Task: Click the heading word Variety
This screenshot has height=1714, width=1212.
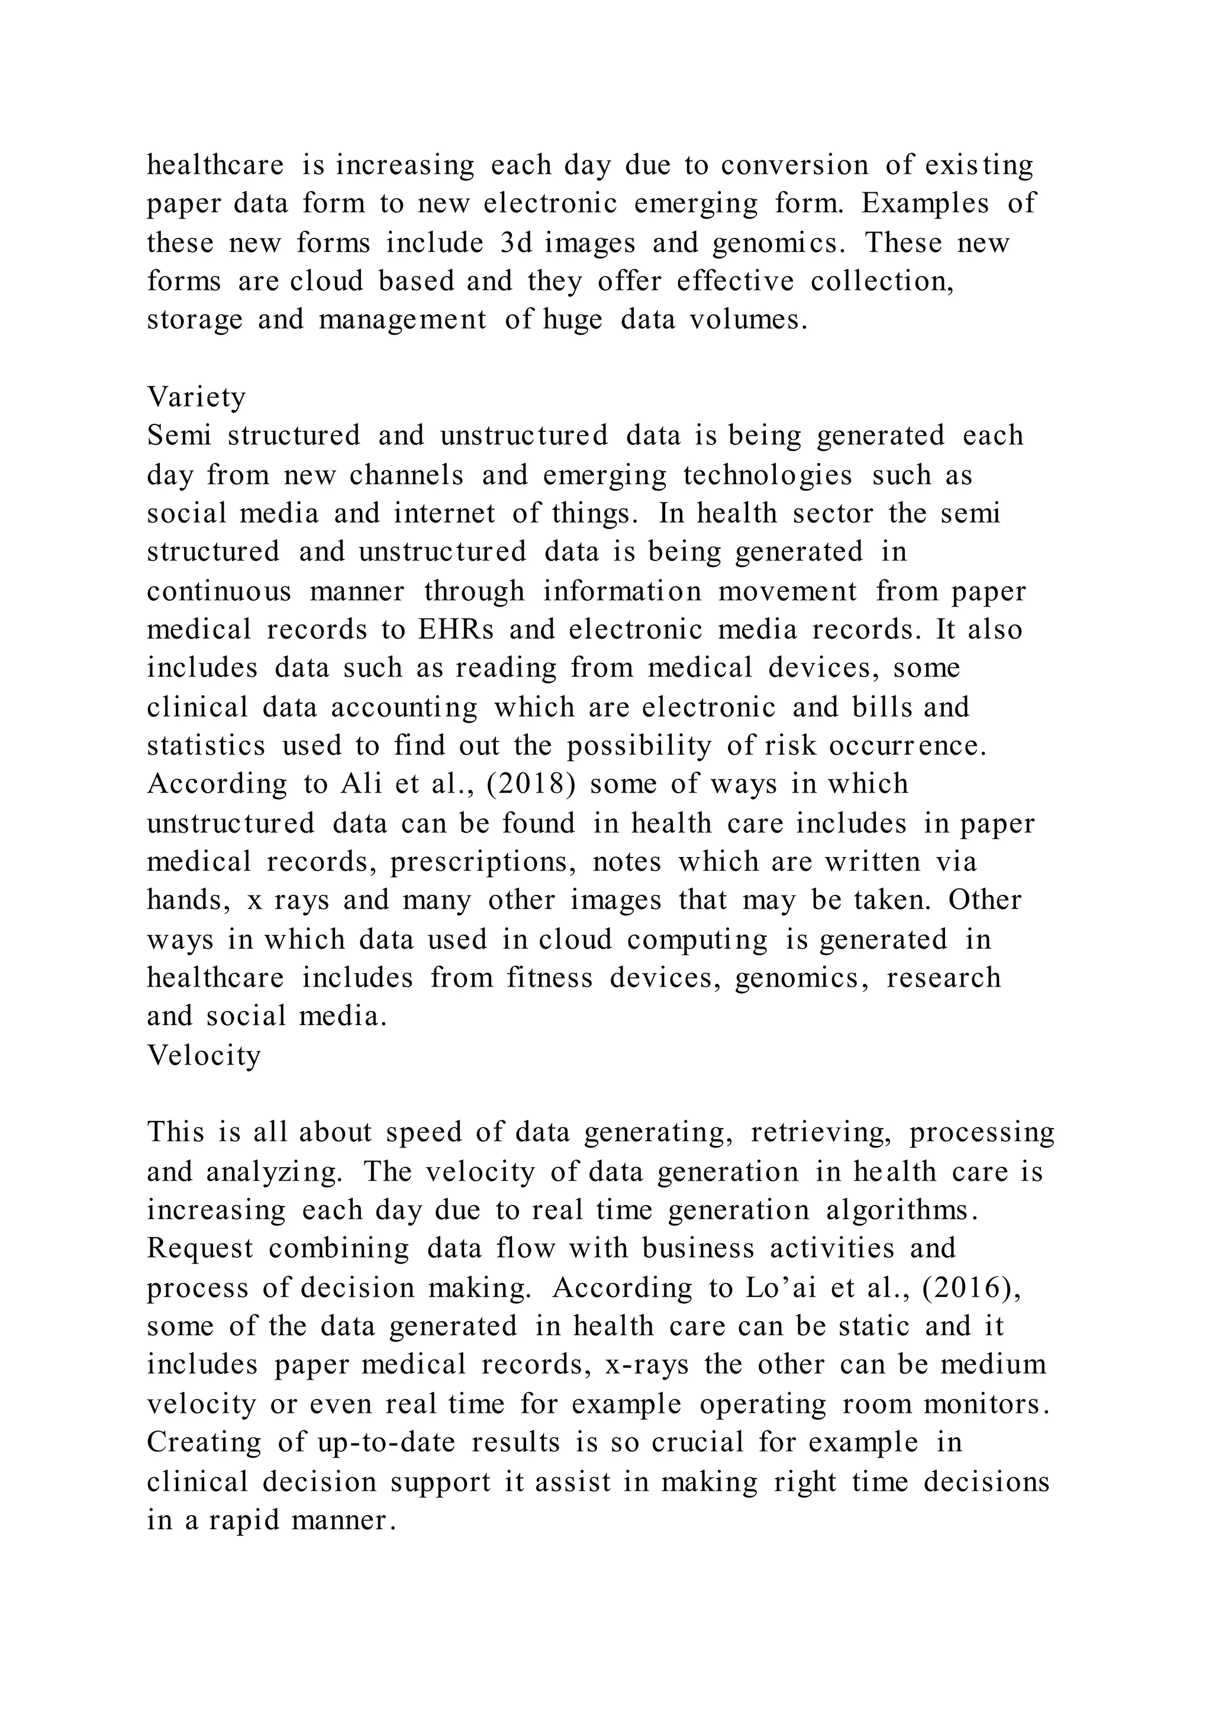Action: (196, 397)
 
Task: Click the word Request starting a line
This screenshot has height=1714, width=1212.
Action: (200, 1249)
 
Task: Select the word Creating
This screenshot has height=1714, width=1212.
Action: (204, 1442)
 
